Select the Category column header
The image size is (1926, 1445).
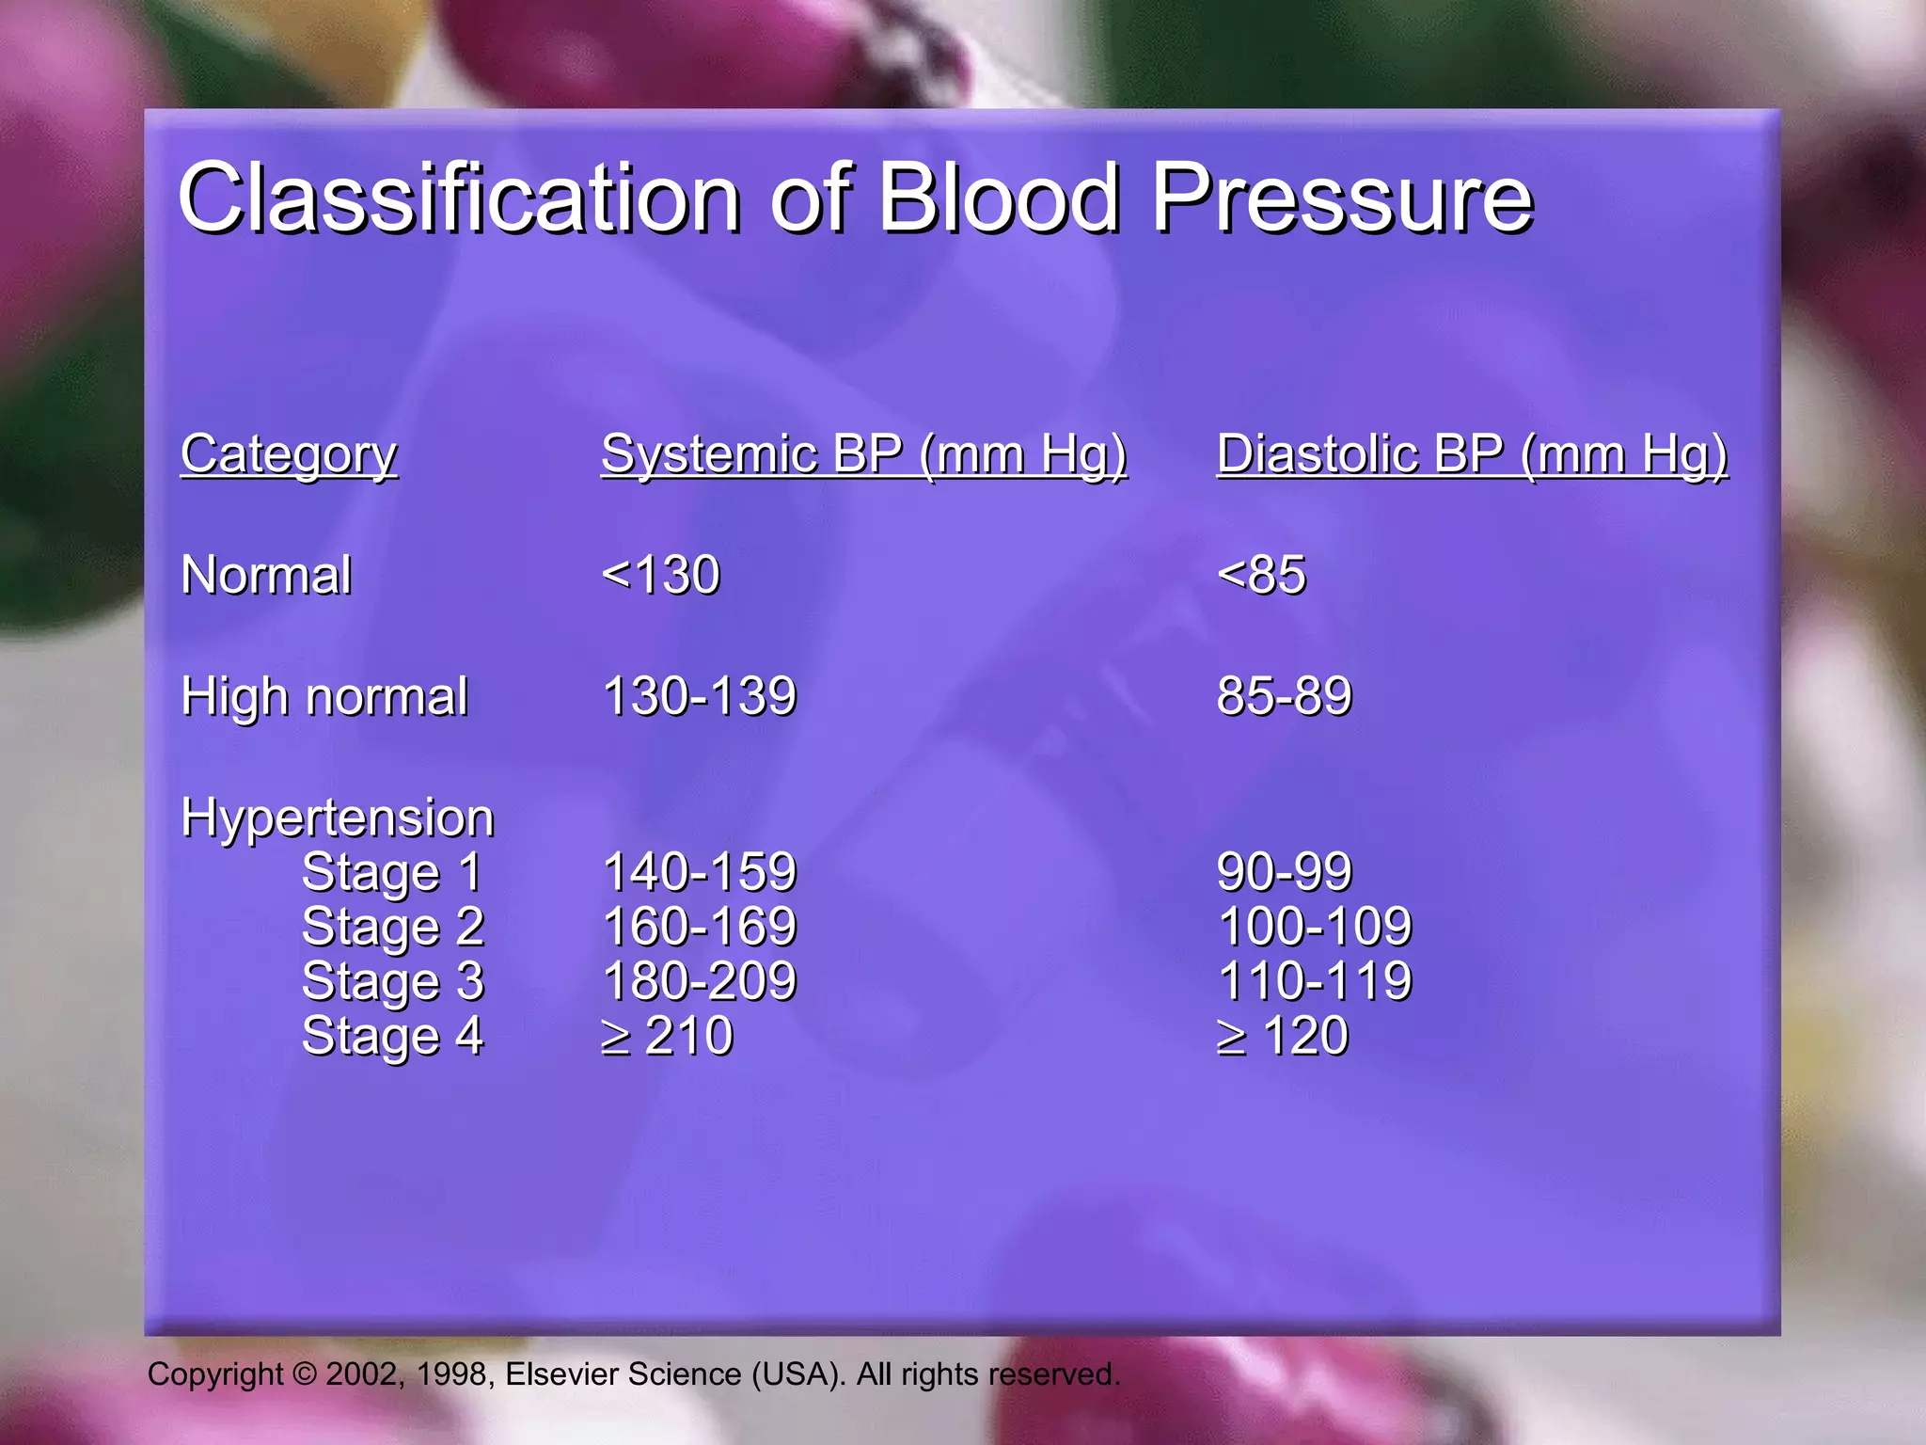point(289,455)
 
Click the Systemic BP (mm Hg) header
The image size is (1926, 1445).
point(863,455)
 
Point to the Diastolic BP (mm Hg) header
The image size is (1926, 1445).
point(1472,455)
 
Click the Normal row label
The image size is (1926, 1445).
point(266,576)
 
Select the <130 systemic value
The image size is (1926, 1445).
point(661,576)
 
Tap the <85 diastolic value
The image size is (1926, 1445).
point(1261,576)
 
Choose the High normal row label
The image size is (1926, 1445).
point(324,697)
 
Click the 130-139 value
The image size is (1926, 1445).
point(699,697)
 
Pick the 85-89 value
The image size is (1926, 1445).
point(1284,697)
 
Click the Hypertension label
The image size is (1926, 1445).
point(337,818)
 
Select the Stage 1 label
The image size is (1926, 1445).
point(391,872)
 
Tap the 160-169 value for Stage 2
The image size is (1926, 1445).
point(699,927)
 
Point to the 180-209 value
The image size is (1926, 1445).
point(699,981)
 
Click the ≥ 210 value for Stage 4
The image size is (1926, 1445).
point(667,1037)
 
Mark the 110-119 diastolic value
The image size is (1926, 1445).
point(1314,981)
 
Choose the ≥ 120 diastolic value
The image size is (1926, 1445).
point(1283,1037)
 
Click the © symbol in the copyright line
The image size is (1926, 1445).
point(305,1374)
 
